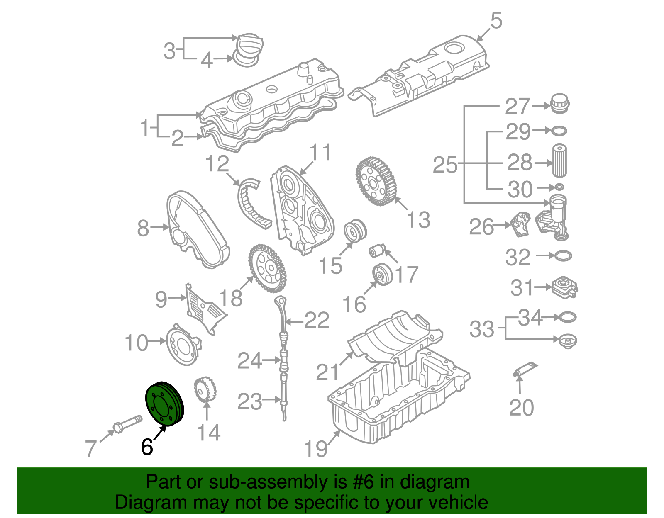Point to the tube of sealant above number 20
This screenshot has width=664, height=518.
tap(525, 369)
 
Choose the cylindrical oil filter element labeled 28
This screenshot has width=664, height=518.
tap(559, 161)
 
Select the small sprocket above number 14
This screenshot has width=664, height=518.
tap(205, 389)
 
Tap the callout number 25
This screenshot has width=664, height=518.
tap(445, 165)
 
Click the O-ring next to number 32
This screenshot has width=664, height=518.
tap(562, 256)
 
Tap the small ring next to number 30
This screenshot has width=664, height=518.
tap(559, 187)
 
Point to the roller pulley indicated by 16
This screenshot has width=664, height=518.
tap(382, 275)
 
